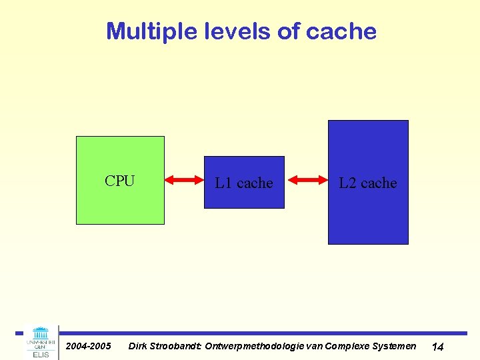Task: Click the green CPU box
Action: pos(120,203)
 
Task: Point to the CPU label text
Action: pos(120,181)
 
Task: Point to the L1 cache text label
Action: pos(244,183)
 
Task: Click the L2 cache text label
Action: pos(368,183)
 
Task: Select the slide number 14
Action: pos(438,347)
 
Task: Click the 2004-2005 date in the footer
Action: pos(88,346)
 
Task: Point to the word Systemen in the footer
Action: pos(393,346)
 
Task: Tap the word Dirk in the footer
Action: pos(137,346)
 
